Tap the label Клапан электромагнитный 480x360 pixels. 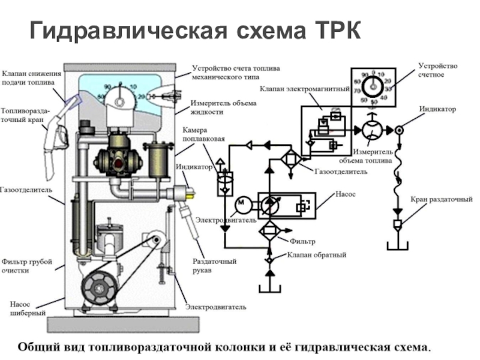(305, 88)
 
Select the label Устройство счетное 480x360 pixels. (438, 70)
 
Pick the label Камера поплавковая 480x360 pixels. (204, 135)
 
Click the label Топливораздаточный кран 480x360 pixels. (25, 115)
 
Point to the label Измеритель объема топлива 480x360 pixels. (373, 157)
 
